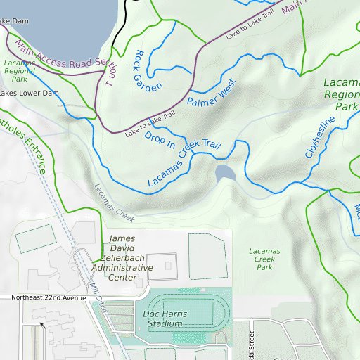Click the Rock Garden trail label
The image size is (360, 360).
(x=147, y=70)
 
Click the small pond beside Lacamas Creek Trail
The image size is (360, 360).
(x=225, y=174)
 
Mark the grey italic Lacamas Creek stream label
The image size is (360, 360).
(x=113, y=200)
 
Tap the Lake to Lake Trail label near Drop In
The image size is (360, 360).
(x=149, y=124)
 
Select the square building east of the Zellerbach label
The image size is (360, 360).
(x=167, y=265)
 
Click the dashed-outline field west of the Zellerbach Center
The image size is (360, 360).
(x=35, y=240)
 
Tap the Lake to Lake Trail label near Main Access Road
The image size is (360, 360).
(x=247, y=29)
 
